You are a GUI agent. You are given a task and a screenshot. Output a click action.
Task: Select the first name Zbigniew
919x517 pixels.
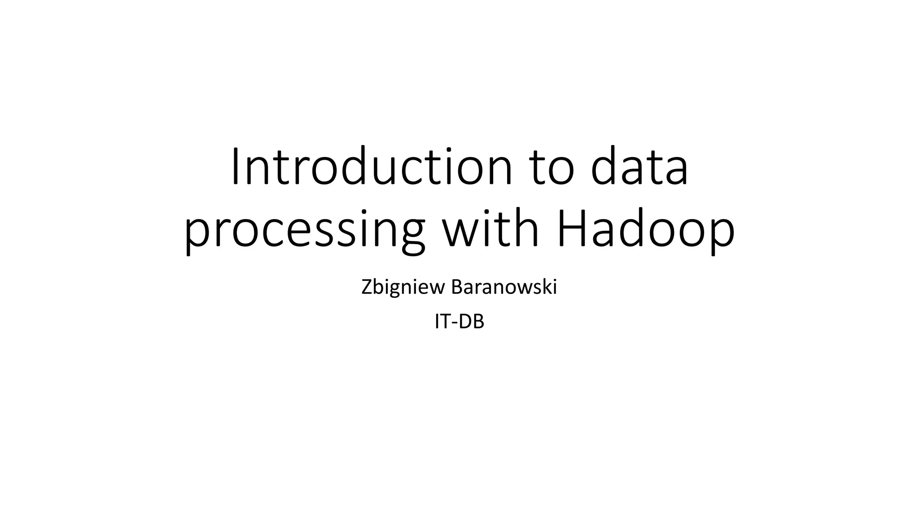403,288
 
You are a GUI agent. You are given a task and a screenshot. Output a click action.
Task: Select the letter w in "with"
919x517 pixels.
459,231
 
